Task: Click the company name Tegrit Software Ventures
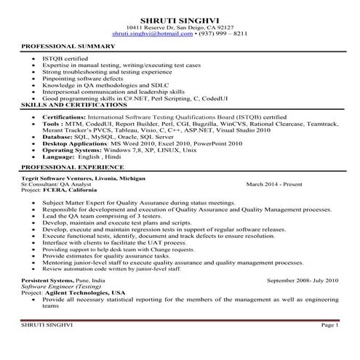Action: (x=62, y=178)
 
